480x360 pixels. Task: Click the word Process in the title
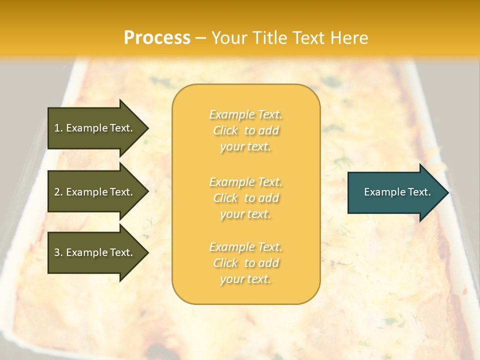click(157, 38)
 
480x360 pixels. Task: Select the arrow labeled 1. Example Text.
click(93, 128)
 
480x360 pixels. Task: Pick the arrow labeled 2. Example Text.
click(93, 192)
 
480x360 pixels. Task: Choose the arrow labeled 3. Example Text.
click(93, 252)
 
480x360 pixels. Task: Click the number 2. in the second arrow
click(58, 192)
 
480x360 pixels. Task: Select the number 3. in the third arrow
click(58, 252)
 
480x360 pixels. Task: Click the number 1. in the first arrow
click(58, 128)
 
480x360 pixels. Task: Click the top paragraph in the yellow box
click(245, 130)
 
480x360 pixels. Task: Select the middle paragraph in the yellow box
click(245, 198)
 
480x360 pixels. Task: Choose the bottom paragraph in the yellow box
click(245, 263)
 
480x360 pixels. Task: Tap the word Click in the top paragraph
click(225, 130)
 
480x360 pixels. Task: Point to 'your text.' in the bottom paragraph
click(245, 279)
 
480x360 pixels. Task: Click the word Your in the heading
click(227, 38)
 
